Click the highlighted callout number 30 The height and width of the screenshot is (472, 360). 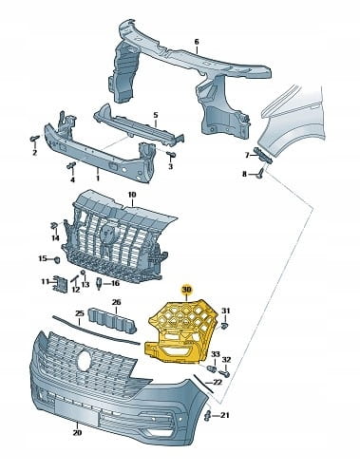186,290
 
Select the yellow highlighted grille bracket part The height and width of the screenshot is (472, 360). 180,332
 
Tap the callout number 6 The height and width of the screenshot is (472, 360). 197,42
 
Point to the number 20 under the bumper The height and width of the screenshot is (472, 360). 78,432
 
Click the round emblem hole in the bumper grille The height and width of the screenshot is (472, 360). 84,360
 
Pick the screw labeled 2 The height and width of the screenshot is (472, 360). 34,139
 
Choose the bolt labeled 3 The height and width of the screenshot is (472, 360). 171,155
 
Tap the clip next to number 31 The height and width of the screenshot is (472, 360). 224,326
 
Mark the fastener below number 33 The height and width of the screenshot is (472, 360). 212,368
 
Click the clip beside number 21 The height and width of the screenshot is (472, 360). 208,416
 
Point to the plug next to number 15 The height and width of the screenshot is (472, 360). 58,260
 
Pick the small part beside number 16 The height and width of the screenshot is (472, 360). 99,283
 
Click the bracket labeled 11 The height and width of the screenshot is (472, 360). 60,284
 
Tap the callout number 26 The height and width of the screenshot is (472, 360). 117,302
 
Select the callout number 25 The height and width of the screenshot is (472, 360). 79,313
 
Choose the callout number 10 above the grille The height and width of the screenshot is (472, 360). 132,195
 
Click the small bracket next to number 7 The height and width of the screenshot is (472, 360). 263,156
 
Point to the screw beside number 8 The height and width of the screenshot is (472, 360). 261,173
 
